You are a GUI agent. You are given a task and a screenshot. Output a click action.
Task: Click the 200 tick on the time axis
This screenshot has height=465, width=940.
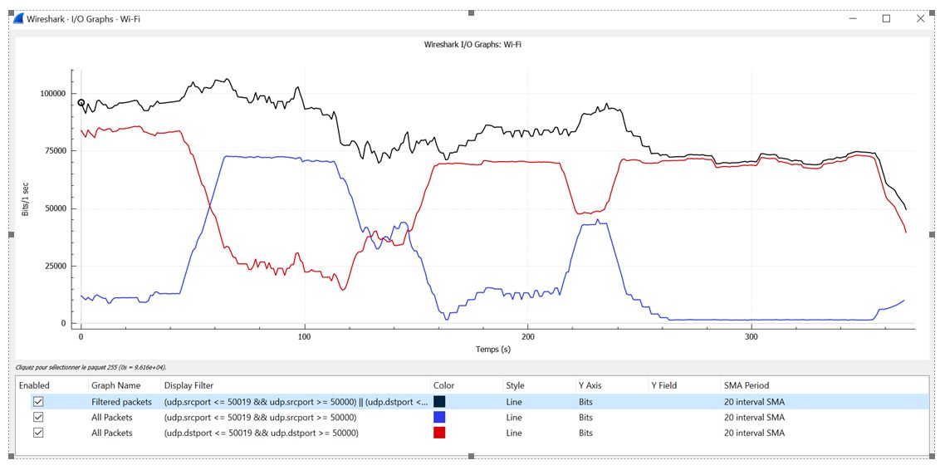point(528,337)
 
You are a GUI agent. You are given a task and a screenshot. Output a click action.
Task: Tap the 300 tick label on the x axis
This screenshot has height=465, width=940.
point(752,337)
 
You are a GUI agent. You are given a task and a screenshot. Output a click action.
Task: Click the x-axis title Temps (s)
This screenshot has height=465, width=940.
point(494,350)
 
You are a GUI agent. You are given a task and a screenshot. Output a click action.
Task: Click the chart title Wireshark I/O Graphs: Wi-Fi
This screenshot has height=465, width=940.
point(472,44)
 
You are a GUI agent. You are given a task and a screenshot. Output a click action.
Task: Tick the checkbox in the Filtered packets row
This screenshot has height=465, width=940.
point(38,402)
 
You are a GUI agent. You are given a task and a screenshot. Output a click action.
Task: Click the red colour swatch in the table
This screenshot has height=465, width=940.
point(439,433)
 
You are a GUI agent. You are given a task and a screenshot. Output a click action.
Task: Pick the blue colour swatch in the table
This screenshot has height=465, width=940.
point(439,418)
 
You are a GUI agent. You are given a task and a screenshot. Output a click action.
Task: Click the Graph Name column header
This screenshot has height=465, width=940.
point(115,385)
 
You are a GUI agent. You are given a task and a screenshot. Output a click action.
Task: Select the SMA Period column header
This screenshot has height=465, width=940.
point(747,385)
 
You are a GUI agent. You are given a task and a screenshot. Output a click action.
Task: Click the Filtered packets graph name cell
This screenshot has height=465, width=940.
point(121,402)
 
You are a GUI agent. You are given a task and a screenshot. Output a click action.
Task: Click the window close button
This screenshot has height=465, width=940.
point(919,18)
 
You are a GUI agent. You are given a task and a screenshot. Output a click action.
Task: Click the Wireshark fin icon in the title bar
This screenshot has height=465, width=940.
point(18,18)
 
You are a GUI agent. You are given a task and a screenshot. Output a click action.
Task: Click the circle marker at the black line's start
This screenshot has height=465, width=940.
point(81,103)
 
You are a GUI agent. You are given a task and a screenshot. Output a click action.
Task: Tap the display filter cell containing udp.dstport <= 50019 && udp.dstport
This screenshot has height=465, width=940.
point(261,433)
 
